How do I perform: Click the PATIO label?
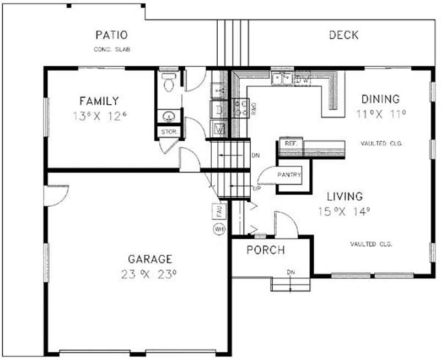[112, 35]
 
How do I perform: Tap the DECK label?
[343, 35]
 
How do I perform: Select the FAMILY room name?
[99, 101]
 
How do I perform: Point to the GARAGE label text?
[150, 259]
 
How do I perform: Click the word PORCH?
[266, 250]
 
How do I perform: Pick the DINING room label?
[380, 99]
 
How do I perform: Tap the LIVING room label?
[345, 196]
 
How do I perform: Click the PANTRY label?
[289, 175]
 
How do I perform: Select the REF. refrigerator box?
[291, 143]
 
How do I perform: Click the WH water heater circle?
[219, 228]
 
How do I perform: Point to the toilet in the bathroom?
[169, 82]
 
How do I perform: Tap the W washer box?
[219, 130]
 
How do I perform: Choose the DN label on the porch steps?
[291, 272]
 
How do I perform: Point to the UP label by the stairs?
[256, 189]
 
